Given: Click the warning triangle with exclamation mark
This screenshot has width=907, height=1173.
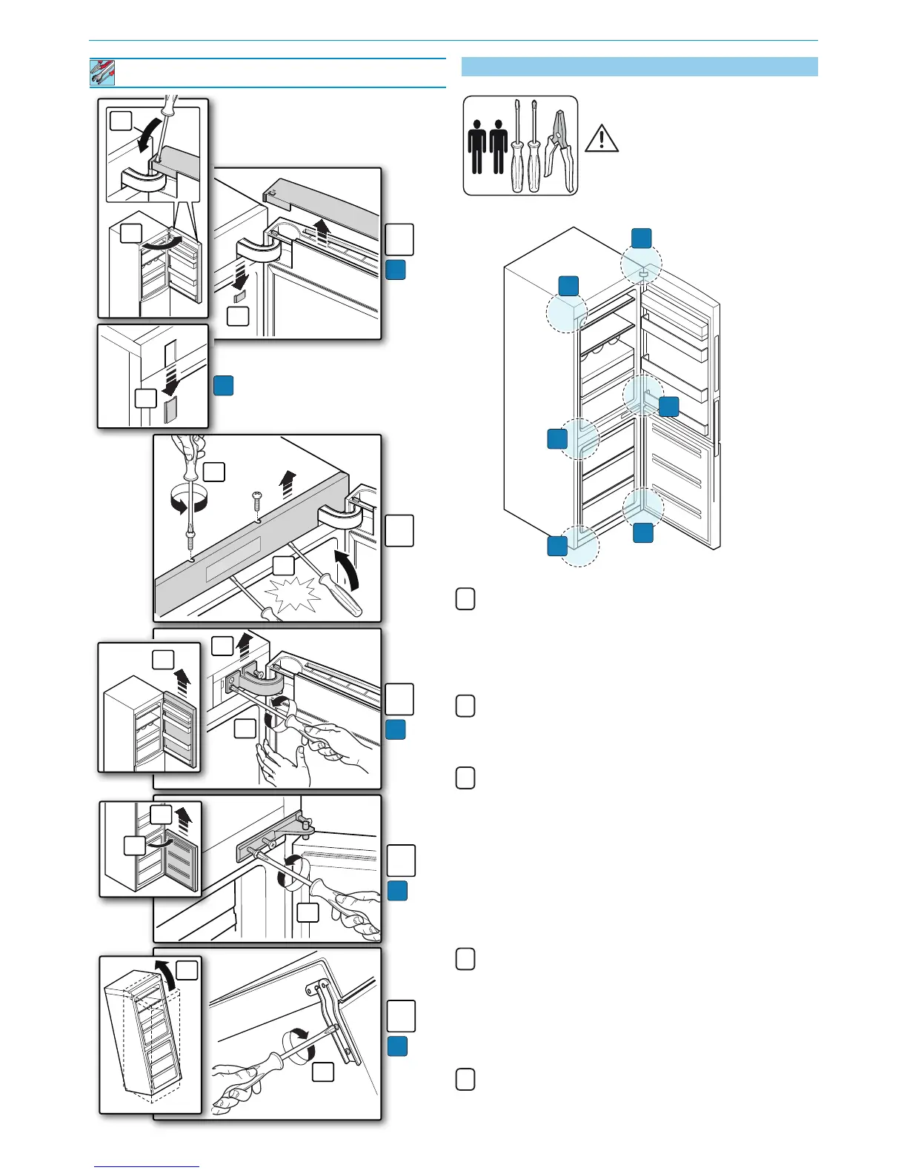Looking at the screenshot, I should point(601,138).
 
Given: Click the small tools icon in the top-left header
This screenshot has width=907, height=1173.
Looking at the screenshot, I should point(103,73).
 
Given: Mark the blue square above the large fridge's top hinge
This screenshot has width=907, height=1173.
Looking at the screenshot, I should point(641,238).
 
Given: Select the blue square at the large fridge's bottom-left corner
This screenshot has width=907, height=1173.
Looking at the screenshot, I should point(557,546).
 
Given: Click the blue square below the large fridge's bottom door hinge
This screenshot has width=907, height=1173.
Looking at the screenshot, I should point(643,532).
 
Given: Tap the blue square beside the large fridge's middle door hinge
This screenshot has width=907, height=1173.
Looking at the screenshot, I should point(668,406).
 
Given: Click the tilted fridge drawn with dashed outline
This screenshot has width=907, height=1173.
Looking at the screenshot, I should point(144,1040).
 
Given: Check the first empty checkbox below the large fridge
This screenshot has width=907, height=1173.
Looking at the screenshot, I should point(465,599).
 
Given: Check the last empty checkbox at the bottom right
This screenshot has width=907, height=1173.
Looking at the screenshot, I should point(465,1080).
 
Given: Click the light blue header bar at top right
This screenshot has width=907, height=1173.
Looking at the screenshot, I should point(639,67).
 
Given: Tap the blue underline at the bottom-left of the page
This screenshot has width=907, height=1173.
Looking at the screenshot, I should point(147,1167).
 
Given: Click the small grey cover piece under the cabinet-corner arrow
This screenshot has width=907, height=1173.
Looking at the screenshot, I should point(170,407).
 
